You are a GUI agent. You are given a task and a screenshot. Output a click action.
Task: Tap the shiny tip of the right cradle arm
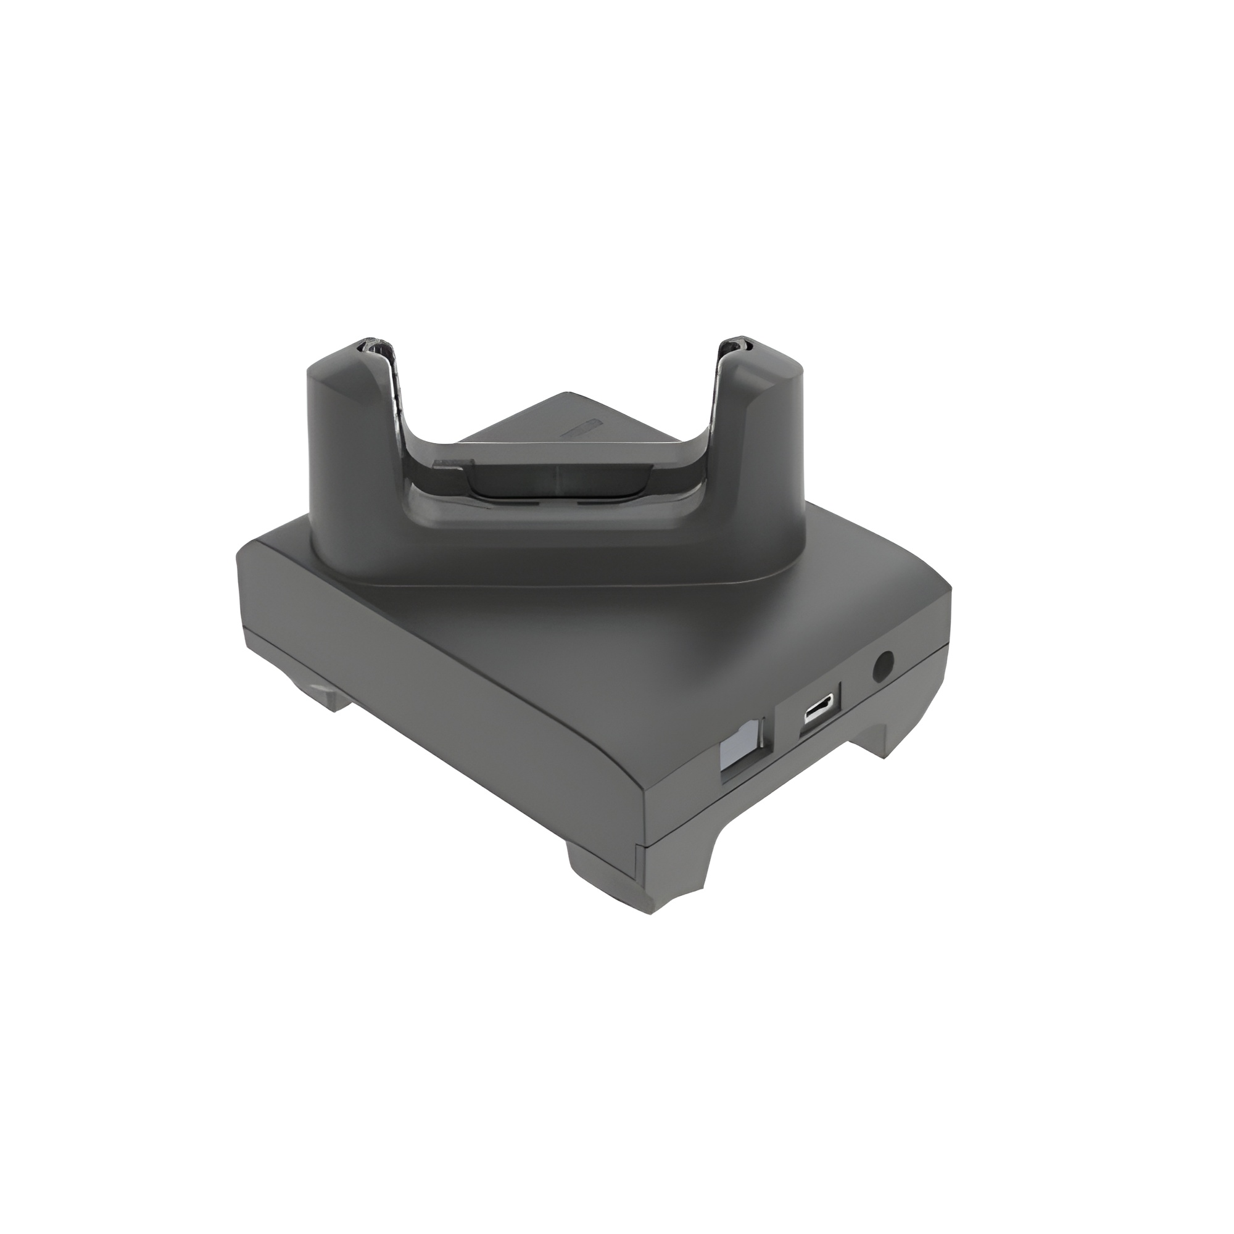coord(734,346)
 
